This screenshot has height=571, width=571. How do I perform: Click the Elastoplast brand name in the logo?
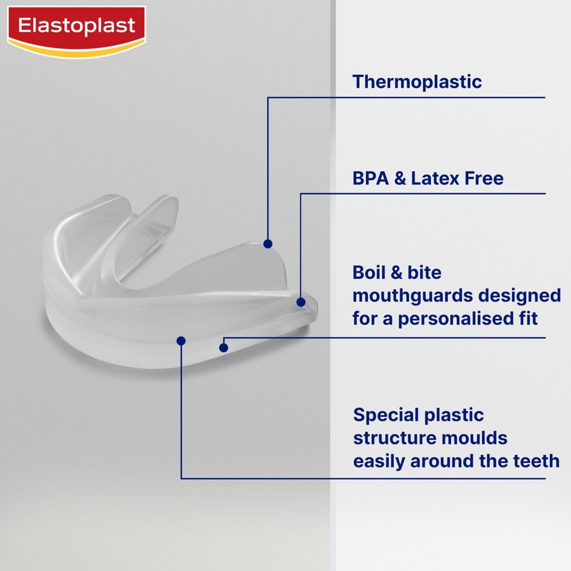click(76, 26)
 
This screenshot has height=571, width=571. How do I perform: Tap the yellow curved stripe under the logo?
click(76, 51)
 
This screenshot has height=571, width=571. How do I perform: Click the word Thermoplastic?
click(417, 82)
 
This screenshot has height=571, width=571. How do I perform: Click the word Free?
click(483, 178)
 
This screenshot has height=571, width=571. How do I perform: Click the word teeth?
click(537, 461)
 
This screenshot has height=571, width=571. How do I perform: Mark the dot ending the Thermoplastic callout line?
click(268, 244)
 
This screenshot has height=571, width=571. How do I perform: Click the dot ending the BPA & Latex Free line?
click(301, 303)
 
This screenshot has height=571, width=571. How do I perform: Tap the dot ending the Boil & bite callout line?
click(223, 346)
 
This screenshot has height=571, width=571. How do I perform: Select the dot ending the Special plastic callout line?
click(181, 341)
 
